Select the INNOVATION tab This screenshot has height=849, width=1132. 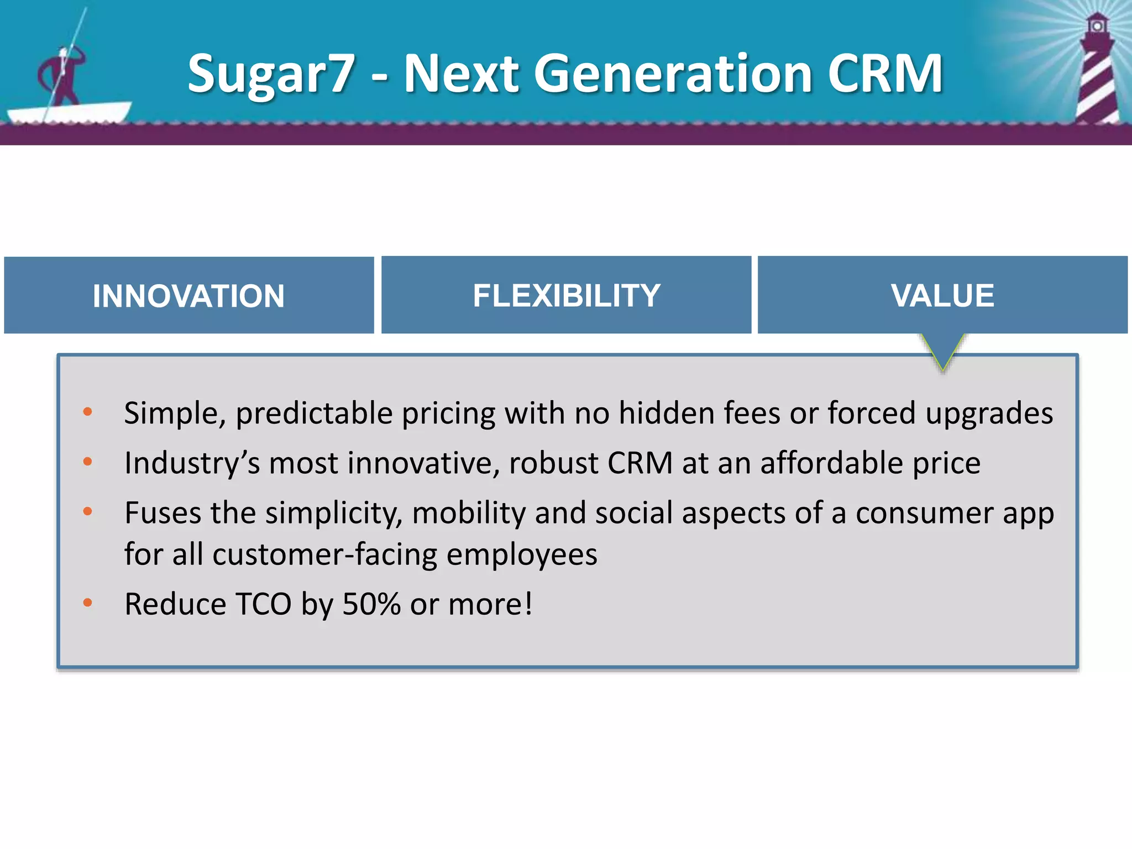188,296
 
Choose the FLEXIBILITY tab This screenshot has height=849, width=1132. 566,296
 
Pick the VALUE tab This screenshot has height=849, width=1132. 942,296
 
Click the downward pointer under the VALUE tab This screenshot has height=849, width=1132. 942,352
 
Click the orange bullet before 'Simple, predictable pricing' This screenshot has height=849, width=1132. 87,412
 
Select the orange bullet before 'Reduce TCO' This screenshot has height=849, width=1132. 87,602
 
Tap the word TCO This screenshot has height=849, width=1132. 263,604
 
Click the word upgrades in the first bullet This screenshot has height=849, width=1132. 989,413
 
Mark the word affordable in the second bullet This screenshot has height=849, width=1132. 831,463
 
